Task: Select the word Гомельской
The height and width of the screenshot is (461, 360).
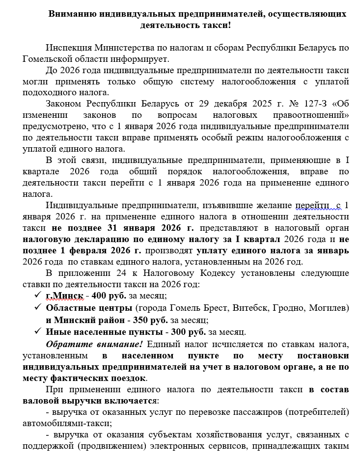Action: pyautogui.click(x=50, y=59)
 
